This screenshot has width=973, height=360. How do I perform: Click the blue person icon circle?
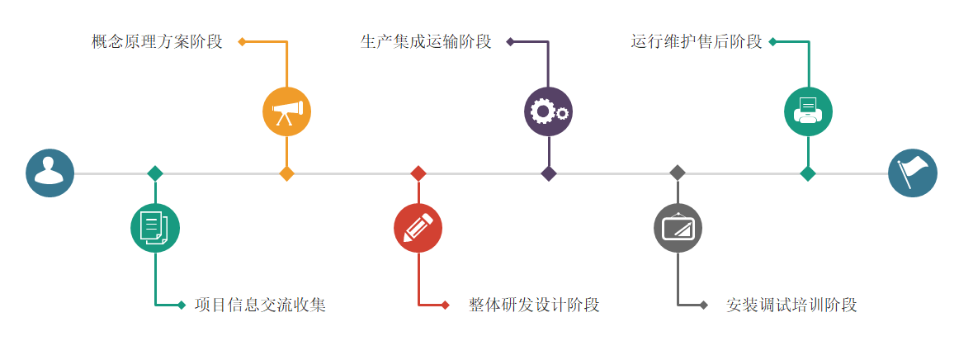click(x=50, y=173)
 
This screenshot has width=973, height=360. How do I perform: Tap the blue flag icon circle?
click(x=913, y=173)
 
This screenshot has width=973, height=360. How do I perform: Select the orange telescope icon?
click(x=286, y=111)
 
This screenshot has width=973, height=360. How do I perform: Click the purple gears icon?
click(x=548, y=111)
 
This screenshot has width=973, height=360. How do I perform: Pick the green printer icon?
click(x=808, y=111)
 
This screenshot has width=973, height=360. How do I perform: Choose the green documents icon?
click(x=155, y=228)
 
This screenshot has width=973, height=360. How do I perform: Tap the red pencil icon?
click(x=418, y=228)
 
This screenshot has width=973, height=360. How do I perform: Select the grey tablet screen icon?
click(x=678, y=228)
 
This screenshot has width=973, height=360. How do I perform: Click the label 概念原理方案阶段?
click(x=157, y=41)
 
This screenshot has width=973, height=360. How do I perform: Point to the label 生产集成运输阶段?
click(x=426, y=41)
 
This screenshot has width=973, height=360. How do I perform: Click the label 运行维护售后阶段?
click(x=697, y=41)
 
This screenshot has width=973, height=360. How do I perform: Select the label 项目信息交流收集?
click(x=260, y=305)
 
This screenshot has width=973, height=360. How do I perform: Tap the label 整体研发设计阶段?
click(x=534, y=305)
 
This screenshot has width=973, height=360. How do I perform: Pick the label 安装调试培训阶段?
click(x=791, y=305)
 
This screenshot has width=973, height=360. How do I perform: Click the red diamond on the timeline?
click(x=418, y=173)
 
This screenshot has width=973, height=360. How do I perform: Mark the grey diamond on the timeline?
click(x=678, y=173)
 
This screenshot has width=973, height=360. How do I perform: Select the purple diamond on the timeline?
click(x=548, y=173)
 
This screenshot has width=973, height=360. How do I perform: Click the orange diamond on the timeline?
click(x=286, y=173)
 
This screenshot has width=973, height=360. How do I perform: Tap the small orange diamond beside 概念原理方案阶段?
click(x=242, y=41)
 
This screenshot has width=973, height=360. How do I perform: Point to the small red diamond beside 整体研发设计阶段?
click(x=445, y=305)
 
